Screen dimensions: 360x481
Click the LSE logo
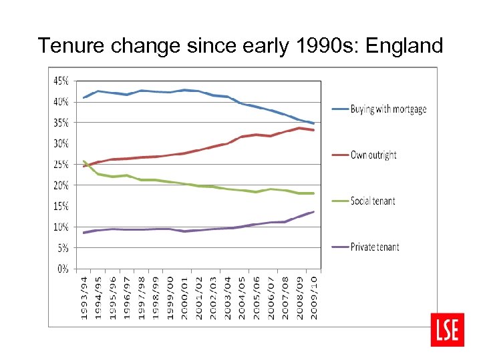pyautogui.click(x=448, y=329)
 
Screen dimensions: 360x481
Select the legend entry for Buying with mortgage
pyautogui.click(x=388, y=109)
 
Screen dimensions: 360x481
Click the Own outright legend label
pyautogui.click(x=373, y=155)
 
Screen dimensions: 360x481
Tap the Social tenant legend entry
pyautogui.click(x=373, y=201)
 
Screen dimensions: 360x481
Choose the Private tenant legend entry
pyautogui.click(x=375, y=247)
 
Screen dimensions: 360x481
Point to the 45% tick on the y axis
pyautogui.click(x=61, y=81)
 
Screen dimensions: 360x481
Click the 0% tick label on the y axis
pyautogui.click(x=63, y=269)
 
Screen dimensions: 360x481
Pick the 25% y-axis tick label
pyautogui.click(x=61, y=164)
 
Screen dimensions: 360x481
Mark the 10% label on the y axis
pyautogui.click(x=61, y=227)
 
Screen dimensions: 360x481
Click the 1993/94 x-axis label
pyautogui.click(x=84, y=296)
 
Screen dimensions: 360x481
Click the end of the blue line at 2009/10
pyautogui.click(x=313, y=123)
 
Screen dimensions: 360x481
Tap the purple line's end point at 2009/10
pyautogui.click(x=313, y=212)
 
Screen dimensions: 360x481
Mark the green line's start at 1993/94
pyautogui.click(x=84, y=161)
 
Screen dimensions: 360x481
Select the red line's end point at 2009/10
pyautogui.click(x=313, y=130)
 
